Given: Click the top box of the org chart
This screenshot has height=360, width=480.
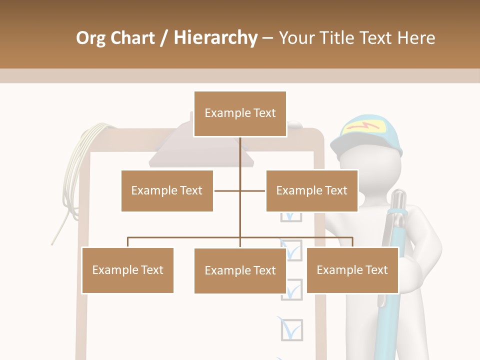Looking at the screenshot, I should tap(240, 113).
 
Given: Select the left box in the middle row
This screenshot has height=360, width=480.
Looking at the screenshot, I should tap(167, 190).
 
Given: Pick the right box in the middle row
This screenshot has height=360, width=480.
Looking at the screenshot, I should tap(311, 190).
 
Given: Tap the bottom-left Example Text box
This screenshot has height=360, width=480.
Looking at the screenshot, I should tap(127, 270).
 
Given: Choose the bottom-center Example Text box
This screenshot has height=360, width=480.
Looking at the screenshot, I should tap(240, 270).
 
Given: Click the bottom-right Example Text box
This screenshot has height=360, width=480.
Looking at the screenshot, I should tap(352, 270).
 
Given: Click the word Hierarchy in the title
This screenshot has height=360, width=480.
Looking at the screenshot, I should tap(215, 38).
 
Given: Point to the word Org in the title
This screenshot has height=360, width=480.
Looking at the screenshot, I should tap(91, 38).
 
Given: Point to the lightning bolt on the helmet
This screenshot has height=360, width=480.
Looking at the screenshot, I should tap(363, 127).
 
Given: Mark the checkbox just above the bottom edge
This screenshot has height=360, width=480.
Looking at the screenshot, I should tap(291, 329).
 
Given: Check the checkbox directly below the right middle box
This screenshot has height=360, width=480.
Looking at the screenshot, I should tap(291, 216).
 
